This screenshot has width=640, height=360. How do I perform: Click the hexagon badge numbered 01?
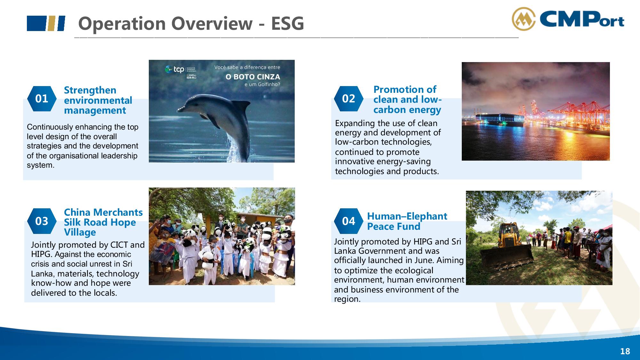pyautogui.click(x=42, y=99)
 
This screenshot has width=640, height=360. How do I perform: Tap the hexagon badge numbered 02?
pyautogui.click(x=348, y=99)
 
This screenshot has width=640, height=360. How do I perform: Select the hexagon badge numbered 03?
pyautogui.click(x=42, y=221)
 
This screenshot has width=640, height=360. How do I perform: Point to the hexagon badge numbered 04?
pyautogui.click(x=348, y=221)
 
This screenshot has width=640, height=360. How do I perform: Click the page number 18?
pyautogui.click(x=625, y=351)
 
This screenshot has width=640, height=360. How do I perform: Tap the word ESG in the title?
pyautogui.click(x=287, y=23)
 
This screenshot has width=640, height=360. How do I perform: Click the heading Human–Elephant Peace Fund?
pyautogui.click(x=407, y=221)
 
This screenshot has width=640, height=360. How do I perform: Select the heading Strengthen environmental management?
pyautogui.click(x=98, y=100)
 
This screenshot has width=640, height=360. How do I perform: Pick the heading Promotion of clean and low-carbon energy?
pyautogui.click(x=407, y=100)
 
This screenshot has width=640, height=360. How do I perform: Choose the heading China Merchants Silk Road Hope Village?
pyautogui.click(x=103, y=222)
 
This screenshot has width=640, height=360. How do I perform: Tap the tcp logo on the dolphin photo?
pyautogui.click(x=175, y=69)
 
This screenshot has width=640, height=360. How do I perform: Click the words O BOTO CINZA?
pyautogui.click(x=253, y=77)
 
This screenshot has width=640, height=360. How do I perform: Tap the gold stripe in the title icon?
pyautogui.click(x=51, y=23)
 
